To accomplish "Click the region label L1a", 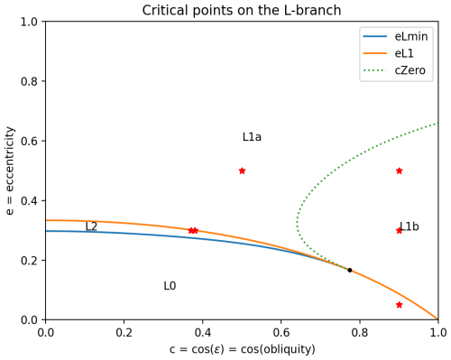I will (x=252, y=137).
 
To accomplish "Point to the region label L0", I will (x=170, y=286).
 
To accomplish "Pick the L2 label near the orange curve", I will (x=91, y=226).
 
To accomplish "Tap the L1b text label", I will (x=410, y=226).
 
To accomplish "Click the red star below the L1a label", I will (x=242, y=171).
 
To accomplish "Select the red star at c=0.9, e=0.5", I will (x=399, y=171).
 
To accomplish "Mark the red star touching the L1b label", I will (x=399, y=230).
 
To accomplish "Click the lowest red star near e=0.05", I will (x=399, y=305).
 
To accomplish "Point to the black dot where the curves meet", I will (x=350, y=270).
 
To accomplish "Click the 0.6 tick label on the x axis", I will (x=281, y=333).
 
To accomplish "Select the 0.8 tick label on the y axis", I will (x=29, y=81).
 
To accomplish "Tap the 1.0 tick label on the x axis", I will (x=437, y=333).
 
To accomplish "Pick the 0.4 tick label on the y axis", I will (x=29, y=200).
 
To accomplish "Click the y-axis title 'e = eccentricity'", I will (x=11, y=171).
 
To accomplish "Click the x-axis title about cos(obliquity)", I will (x=242, y=349).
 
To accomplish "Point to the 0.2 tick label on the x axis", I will (x=124, y=333).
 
